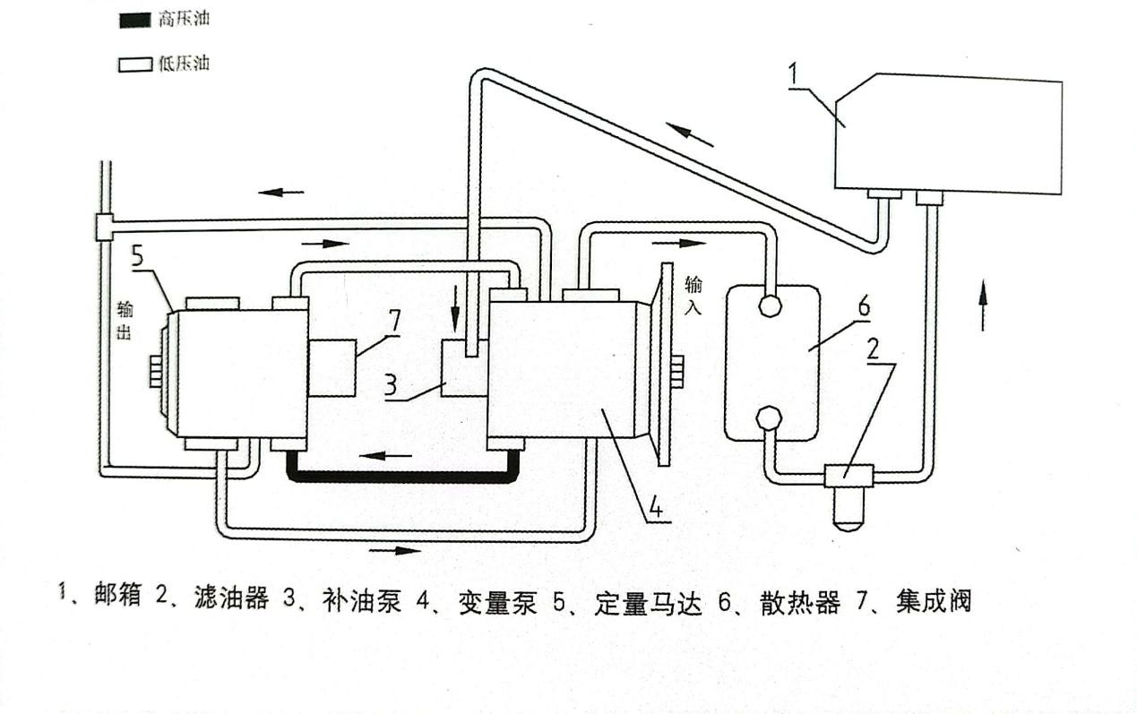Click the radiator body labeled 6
pyautogui.click(x=771, y=363)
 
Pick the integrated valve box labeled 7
pyautogui.click(x=332, y=367)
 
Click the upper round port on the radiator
pyautogui.click(x=769, y=305)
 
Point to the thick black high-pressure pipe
pyautogui.click(x=403, y=477)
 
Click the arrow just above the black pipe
pyautogui.click(x=379, y=455)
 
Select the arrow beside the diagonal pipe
pyautogui.click(x=690, y=134)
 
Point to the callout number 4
pyautogui.click(x=656, y=509)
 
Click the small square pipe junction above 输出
pyautogui.click(x=104, y=227)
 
